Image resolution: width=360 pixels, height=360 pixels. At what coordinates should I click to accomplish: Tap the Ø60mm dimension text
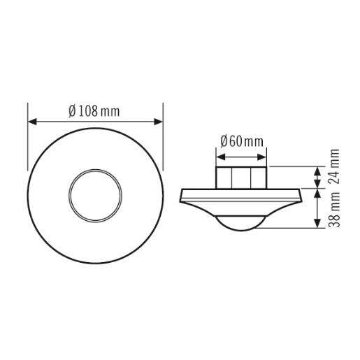coord(242,141)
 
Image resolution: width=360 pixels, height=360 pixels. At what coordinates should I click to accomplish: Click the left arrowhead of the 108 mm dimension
coord(32,122)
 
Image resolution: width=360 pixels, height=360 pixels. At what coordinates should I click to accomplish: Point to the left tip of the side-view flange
coord(182,192)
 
